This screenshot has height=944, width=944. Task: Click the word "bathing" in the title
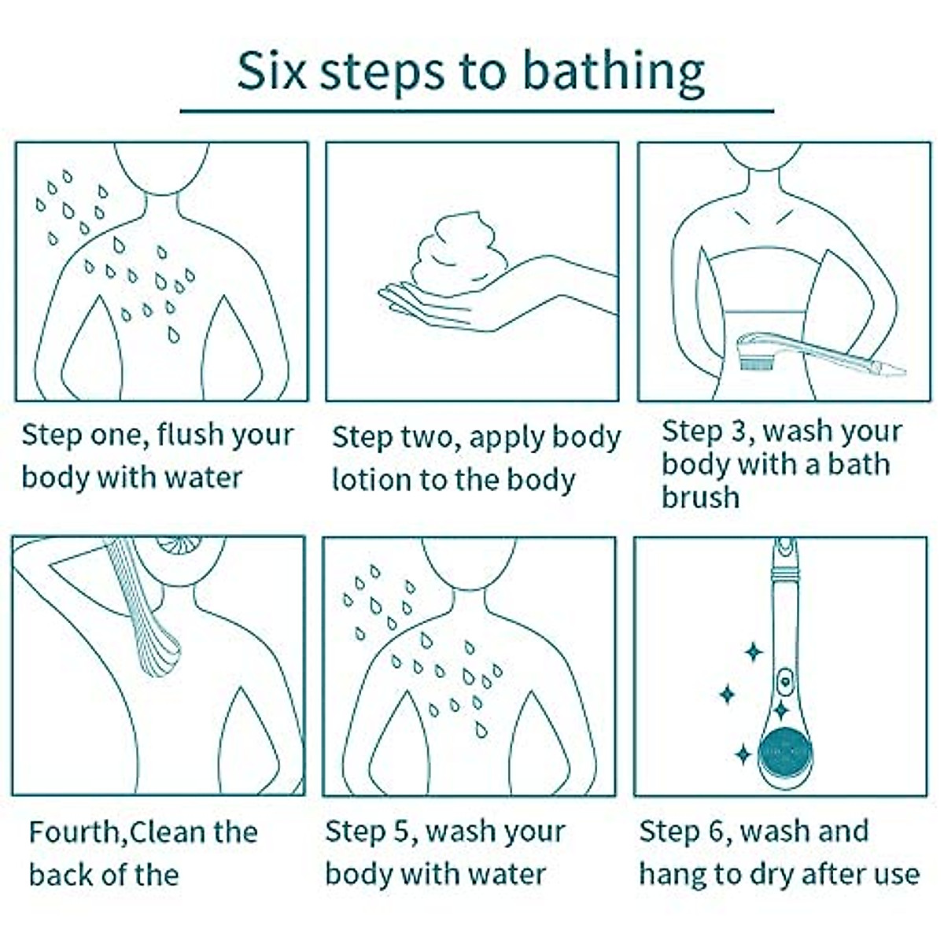coord(614,73)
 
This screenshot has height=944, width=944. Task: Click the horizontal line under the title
coord(477,111)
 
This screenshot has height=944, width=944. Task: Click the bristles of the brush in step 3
coord(758,364)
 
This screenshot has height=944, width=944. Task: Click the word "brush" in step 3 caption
coord(701,497)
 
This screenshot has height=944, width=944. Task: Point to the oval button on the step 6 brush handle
coord(785,681)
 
